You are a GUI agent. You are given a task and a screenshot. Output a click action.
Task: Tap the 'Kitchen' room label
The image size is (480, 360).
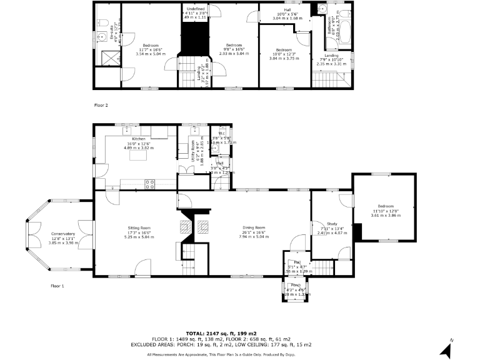coord(138,139)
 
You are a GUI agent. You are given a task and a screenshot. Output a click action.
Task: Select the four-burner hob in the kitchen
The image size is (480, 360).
coord(150,183)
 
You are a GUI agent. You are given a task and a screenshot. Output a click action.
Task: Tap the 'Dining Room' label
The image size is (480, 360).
coord(254,227)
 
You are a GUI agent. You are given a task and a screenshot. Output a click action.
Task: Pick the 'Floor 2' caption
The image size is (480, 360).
coord(101,105)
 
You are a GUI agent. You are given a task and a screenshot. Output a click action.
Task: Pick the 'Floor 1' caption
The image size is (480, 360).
coord(57,286)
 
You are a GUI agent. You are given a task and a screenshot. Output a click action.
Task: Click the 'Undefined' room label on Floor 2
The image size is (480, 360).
coord(195,8)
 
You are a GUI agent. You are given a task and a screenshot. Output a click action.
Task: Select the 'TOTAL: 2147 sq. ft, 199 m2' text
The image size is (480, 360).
coord(222,334)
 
